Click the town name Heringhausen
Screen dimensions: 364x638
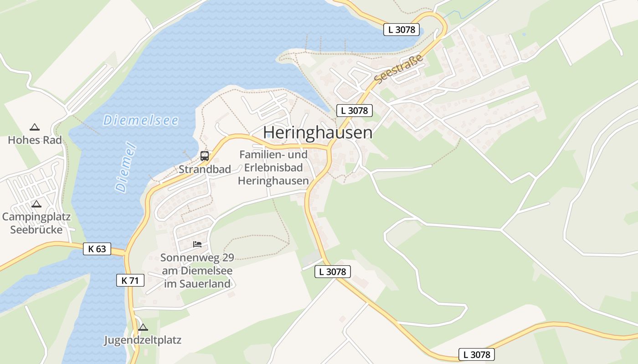pyautogui.click(x=318, y=132)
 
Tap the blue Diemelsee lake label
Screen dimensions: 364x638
pyautogui.click(x=140, y=121)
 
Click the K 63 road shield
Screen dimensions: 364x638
pyautogui.click(x=97, y=249)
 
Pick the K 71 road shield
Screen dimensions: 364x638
pyautogui.click(x=130, y=280)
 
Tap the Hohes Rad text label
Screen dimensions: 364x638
pyautogui.click(x=35, y=140)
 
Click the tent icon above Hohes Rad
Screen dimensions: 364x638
pyautogui.click(x=34, y=127)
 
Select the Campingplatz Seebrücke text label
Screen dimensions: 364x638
pyautogui.click(x=36, y=223)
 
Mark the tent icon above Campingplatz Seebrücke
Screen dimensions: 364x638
pyautogui.click(x=36, y=204)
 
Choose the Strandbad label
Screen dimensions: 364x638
pyautogui.click(x=205, y=169)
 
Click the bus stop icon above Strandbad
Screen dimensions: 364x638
pyautogui.click(x=205, y=156)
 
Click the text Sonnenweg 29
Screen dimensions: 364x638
pyautogui.click(x=197, y=258)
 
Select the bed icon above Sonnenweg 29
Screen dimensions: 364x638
pyautogui.click(x=197, y=244)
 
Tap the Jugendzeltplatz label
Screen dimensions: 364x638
pyautogui.click(x=143, y=340)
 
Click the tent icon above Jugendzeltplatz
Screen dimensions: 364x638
pyautogui.click(x=143, y=327)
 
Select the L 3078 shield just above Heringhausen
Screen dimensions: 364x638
pyautogui.click(x=355, y=110)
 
